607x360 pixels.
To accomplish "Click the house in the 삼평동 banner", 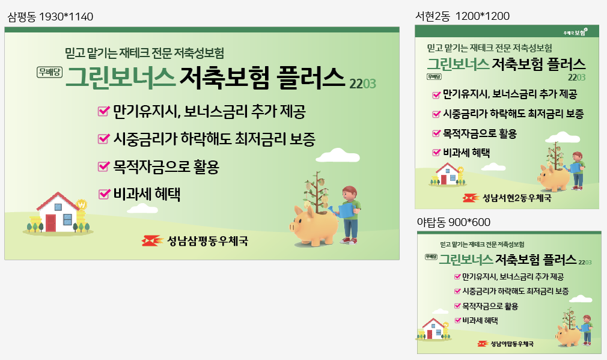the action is click(x=58, y=212).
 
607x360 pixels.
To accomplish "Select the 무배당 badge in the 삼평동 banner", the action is click(x=49, y=72).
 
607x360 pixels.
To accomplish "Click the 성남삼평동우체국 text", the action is click(x=207, y=241).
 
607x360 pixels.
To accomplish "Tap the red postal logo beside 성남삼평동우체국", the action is click(x=151, y=241).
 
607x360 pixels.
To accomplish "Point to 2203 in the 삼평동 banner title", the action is click(x=362, y=84).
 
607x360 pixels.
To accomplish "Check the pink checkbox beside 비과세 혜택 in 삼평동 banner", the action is click(x=104, y=194).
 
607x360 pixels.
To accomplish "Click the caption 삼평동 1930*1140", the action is click(x=50, y=17).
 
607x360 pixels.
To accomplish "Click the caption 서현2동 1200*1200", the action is click(x=462, y=16).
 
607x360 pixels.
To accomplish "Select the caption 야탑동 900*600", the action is click(x=453, y=222).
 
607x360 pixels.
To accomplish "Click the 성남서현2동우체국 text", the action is click(x=516, y=198).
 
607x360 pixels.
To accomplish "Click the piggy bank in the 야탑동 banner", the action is click(x=568, y=335).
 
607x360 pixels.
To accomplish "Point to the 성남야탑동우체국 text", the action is click(x=512, y=344).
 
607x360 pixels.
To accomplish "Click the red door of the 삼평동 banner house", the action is click(x=50, y=223).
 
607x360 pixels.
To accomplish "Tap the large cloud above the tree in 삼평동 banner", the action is click(x=338, y=155).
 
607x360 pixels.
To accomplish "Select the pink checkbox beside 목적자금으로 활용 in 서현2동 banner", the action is click(x=436, y=133).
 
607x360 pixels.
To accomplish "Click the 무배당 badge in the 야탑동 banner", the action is click(x=431, y=257).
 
